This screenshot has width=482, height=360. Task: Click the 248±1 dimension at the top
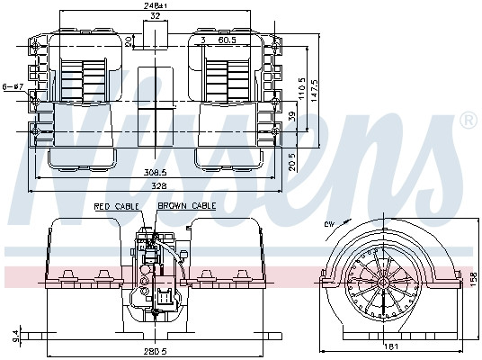[156, 5]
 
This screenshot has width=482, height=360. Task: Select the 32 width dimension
[156, 16]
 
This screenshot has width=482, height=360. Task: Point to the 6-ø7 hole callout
[13, 86]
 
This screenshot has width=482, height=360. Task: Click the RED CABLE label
[114, 207]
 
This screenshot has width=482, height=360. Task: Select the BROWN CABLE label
[187, 207]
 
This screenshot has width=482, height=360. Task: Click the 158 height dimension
[473, 277]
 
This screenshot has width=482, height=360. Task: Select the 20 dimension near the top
[129, 40]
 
